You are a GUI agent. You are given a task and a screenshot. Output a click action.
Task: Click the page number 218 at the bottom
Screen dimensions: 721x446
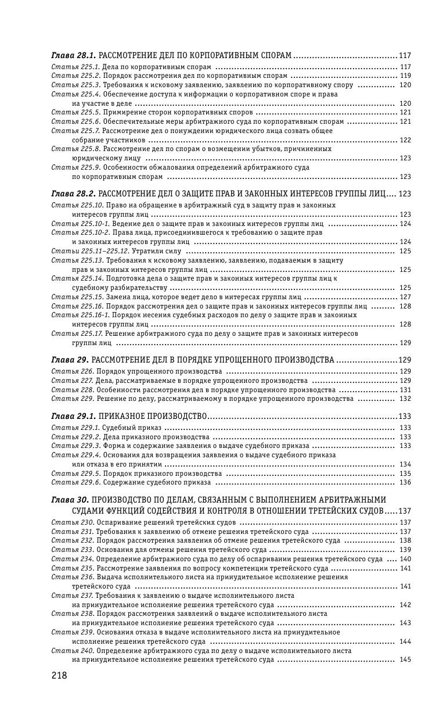(59, 675)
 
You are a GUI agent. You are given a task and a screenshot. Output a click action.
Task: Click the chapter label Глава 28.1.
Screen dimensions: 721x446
(74, 56)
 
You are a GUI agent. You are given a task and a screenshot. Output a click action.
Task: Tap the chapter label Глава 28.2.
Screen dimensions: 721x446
(74, 193)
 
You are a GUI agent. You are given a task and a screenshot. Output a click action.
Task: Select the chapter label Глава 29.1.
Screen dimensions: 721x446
(74, 417)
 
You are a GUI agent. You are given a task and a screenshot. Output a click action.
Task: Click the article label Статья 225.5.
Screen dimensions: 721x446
(76, 112)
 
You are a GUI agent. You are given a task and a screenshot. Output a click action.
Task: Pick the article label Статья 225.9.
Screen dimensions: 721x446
(76, 167)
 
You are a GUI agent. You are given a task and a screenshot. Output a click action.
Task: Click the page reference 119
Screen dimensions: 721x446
(405, 76)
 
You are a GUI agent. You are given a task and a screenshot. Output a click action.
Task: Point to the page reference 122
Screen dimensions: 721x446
(405, 140)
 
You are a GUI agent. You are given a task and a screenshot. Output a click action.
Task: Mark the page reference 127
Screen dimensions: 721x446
(405, 297)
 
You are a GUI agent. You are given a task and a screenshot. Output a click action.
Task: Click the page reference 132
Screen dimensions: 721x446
(405, 399)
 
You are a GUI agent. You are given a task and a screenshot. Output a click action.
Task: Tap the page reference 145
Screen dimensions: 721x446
(405, 659)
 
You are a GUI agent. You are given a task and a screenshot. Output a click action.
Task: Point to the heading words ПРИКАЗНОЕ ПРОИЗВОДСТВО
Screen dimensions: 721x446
(153, 417)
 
